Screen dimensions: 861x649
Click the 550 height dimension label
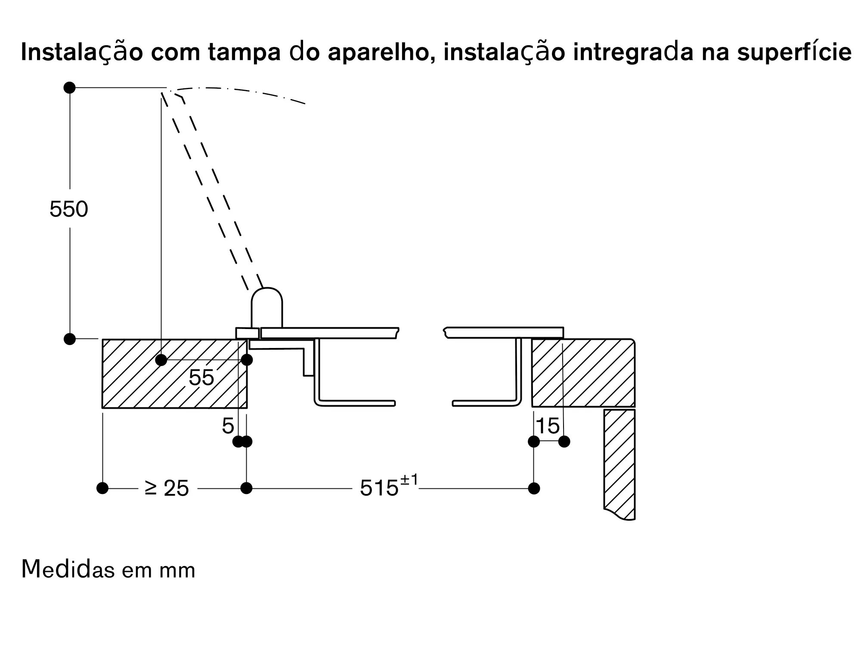coord(69,210)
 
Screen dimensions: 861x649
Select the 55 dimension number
coord(201,378)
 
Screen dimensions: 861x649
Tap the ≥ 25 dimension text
coord(167,488)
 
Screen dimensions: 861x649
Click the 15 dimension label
coord(548,426)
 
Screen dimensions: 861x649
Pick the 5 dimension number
coord(228,426)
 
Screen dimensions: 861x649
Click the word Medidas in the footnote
coord(68,569)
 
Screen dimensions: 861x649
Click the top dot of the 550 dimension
coord(70,88)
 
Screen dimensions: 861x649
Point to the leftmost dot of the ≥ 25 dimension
coord(102,488)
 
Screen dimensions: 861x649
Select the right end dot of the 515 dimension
coord(534,488)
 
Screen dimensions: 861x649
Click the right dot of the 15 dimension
coord(564,441)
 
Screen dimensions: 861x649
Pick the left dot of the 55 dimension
coord(161,360)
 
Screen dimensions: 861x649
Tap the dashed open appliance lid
coord(211,189)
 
